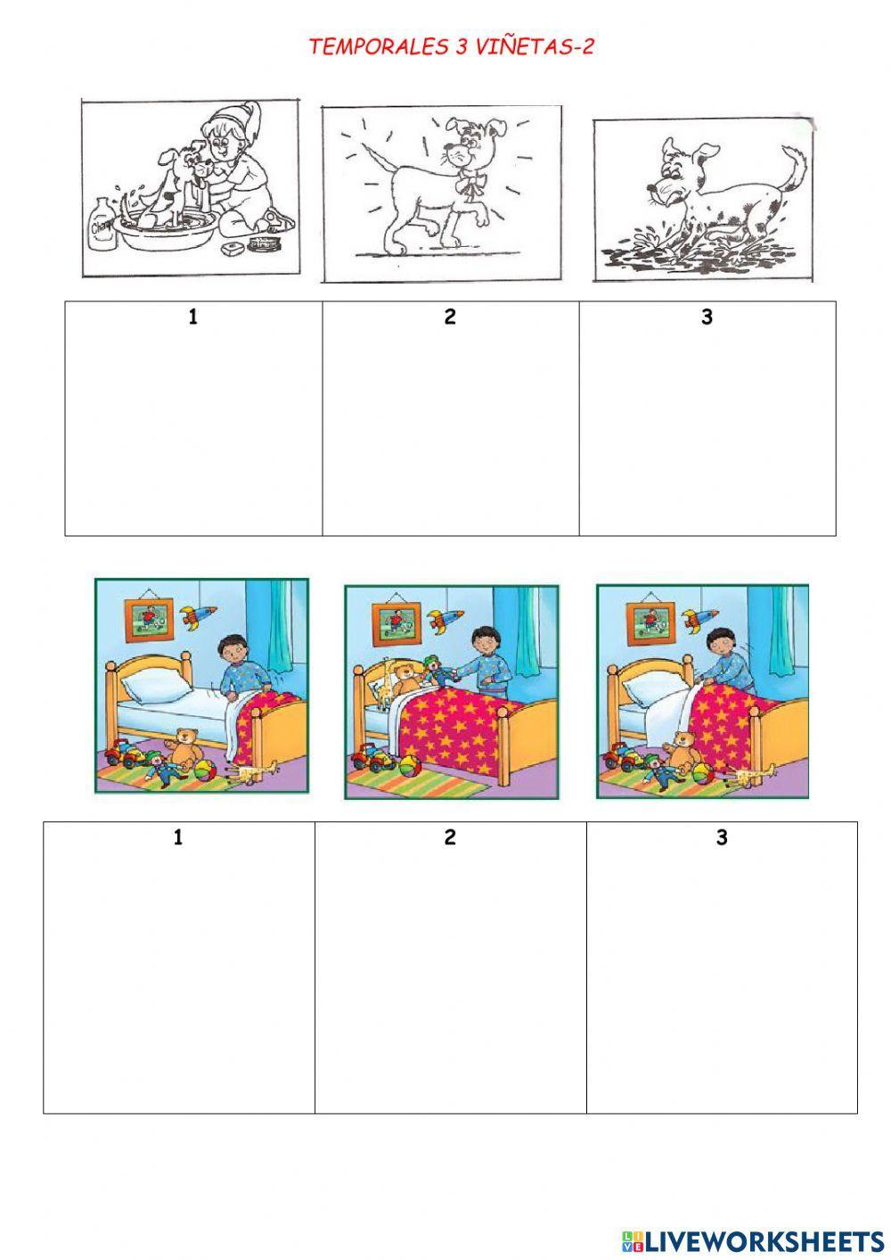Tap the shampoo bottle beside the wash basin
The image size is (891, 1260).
tap(104, 224)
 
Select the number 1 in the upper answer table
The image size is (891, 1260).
tap(192, 317)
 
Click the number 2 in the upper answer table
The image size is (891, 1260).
tap(450, 317)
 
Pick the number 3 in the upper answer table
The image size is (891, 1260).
tap(707, 317)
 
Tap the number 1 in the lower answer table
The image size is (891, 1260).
tap(178, 837)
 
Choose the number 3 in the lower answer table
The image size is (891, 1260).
tap(722, 837)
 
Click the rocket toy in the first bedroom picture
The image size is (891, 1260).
tap(198, 616)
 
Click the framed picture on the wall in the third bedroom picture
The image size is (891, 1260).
tap(650, 621)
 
